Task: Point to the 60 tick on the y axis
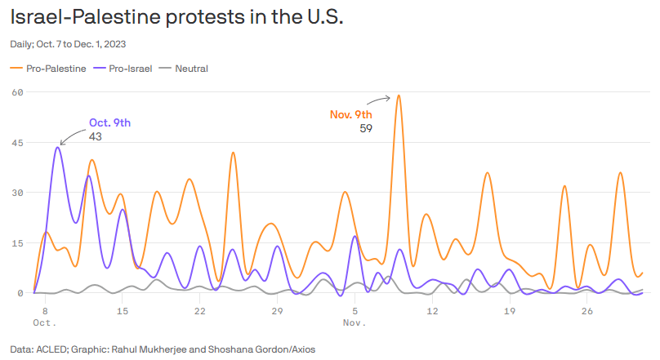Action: (x=16, y=92)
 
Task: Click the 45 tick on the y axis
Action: (x=16, y=143)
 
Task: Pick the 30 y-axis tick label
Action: (x=16, y=193)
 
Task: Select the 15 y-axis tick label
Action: (x=16, y=243)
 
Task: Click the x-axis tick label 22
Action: (x=199, y=311)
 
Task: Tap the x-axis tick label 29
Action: (x=277, y=311)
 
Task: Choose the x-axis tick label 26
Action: (x=586, y=311)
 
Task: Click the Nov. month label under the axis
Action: (x=354, y=323)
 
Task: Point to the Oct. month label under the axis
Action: (x=44, y=323)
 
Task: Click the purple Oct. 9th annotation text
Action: (x=109, y=122)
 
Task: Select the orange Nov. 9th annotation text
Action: (x=350, y=114)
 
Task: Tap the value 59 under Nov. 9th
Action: (x=365, y=128)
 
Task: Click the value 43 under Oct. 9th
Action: (x=95, y=136)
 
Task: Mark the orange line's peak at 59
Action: (x=399, y=96)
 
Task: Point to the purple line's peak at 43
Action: (x=56, y=148)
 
